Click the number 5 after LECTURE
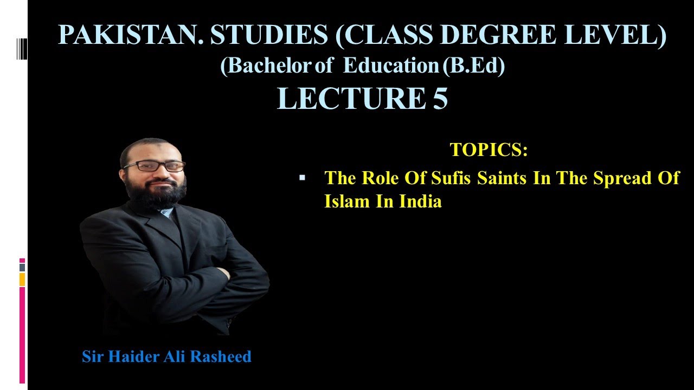[440, 98]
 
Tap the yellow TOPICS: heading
[489, 150]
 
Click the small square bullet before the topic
[303, 177]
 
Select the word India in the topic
[421, 201]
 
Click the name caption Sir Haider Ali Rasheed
[166, 356]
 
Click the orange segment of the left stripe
[22, 279]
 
